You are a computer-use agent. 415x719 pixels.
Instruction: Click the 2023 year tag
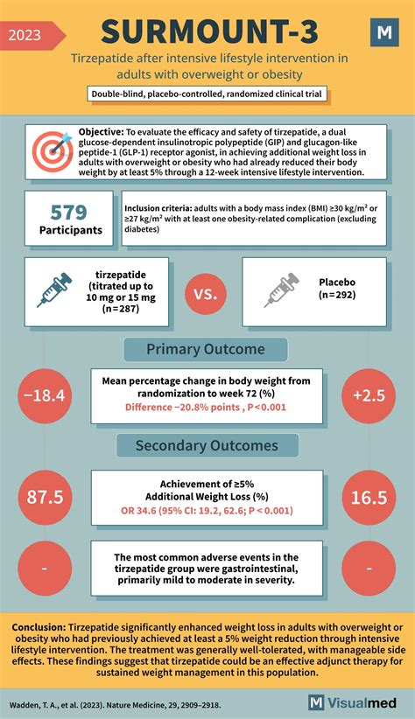pos(31,35)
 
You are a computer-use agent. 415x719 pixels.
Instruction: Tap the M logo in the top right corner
pos(383,33)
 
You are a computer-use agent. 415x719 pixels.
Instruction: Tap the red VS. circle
pos(207,290)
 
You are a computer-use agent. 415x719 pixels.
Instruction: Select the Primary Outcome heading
pos(206,349)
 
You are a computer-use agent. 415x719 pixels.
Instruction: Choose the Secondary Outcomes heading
pos(207,446)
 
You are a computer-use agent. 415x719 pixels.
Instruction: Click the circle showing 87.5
pos(45,497)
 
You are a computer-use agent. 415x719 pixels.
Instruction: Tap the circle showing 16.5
pos(369,497)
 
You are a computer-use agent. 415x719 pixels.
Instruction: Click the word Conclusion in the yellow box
pos(42,628)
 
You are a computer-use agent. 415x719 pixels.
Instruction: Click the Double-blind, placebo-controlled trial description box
pos(207,94)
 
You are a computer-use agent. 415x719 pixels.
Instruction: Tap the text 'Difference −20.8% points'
pos(169,407)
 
